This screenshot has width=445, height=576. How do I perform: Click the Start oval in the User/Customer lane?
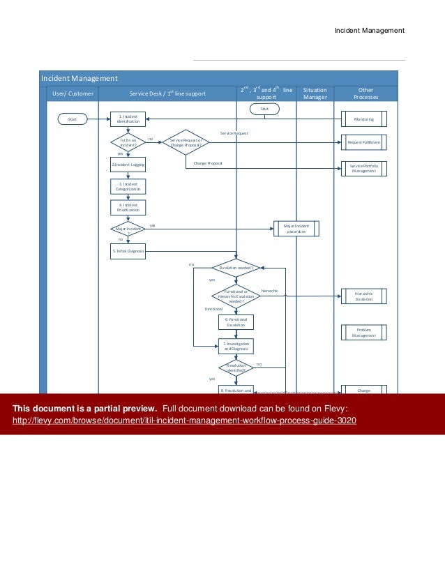(x=71, y=119)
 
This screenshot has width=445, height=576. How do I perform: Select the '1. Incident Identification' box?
(x=128, y=119)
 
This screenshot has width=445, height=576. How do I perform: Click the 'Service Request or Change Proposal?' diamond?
(x=186, y=142)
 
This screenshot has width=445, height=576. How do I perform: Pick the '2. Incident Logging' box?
(x=128, y=165)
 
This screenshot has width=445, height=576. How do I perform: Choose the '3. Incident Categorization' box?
(x=128, y=186)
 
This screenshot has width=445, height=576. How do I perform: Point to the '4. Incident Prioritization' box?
(x=128, y=207)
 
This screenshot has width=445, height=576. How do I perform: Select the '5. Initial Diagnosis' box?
(x=128, y=250)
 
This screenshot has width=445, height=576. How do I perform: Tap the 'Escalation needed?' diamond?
(x=237, y=267)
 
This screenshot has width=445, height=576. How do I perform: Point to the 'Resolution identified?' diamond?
(x=237, y=367)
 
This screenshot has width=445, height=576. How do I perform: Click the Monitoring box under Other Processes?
(x=363, y=119)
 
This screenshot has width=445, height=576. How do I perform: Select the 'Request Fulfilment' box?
(x=363, y=142)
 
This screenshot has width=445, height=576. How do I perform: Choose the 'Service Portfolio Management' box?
(x=363, y=168)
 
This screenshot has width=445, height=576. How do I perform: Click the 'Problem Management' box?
(x=363, y=333)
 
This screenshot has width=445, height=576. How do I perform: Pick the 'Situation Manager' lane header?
(x=315, y=93)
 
